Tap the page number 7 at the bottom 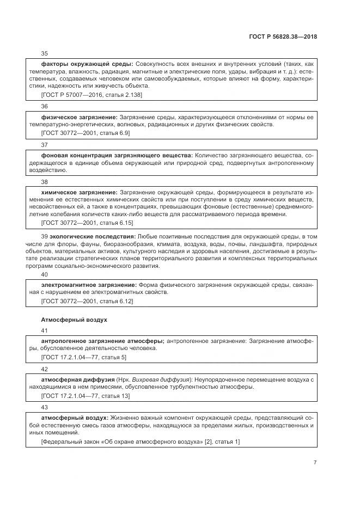coord(315,462)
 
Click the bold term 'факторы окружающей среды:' coord(87,64)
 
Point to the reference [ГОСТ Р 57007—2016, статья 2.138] coord(91,95)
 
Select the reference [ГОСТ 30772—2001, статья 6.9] coord(86,132)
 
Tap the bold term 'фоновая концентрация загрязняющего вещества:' coord(117,155)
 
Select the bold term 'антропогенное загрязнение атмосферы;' coord(103,341)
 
